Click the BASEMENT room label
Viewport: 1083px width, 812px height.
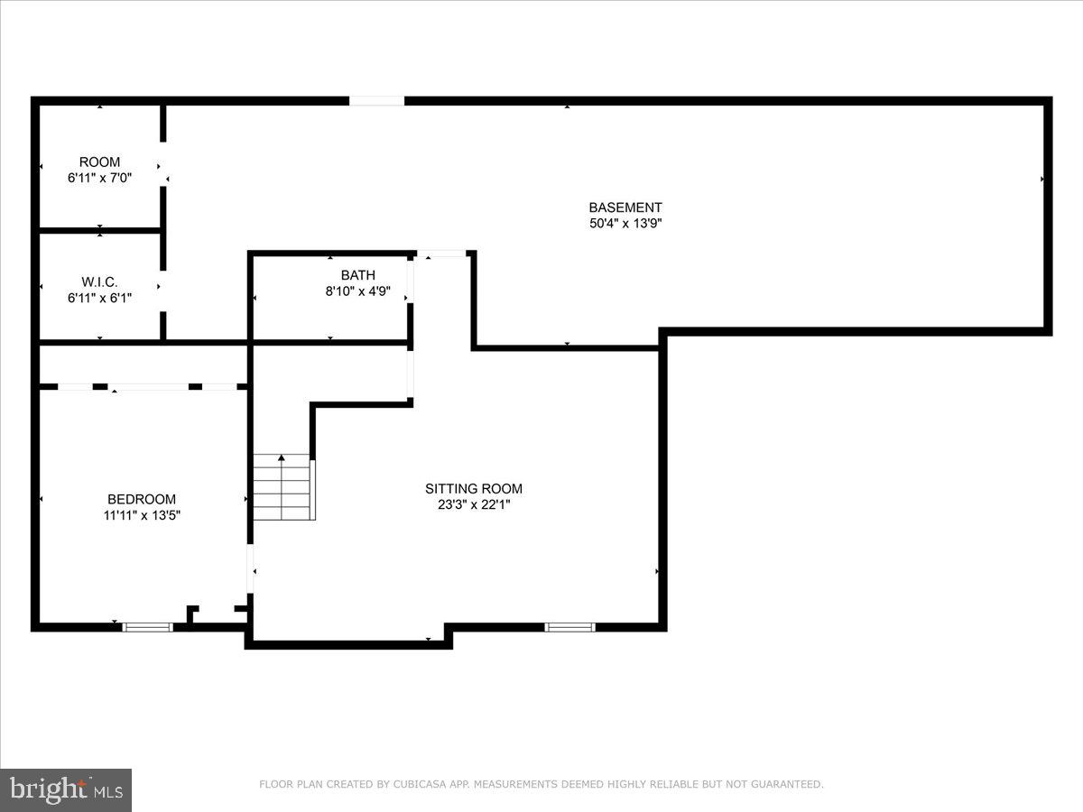[625, 208]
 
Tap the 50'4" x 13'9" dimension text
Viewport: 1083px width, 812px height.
[625, 224]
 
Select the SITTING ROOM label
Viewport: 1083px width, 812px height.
[474, 489]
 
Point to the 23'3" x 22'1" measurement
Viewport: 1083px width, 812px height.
[474, 505]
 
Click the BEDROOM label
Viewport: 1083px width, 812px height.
[142, 499]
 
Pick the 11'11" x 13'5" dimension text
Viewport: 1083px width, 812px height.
[142, 516]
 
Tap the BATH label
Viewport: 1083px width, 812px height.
[357, 275]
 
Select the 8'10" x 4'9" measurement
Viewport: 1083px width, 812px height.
[357, 291]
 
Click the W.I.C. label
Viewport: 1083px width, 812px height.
[99, 282]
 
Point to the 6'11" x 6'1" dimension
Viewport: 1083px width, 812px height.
[99, 298]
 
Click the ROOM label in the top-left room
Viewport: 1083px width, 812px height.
[99, 162]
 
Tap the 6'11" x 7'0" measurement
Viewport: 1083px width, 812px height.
[99, 178]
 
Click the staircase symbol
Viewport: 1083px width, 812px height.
[283, 488]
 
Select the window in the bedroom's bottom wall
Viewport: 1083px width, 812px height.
[147, 626]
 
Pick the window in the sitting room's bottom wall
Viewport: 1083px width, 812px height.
[569, 626]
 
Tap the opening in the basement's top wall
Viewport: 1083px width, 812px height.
[376, 101]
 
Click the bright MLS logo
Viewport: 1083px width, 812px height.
[66, 789]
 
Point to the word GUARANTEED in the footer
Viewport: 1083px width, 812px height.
[786, 785]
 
